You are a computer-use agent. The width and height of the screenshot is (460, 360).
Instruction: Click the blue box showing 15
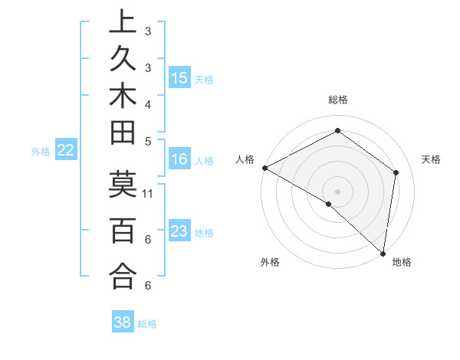click(x=179, y=77)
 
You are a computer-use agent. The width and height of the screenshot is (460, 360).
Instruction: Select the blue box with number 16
click(x=179, y=159)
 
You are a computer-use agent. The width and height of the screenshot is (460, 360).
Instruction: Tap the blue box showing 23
click(x=179, y=231)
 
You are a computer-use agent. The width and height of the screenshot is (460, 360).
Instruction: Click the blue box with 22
click(x=66, y=150)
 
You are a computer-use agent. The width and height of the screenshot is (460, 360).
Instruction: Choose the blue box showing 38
click(x=123, y=322)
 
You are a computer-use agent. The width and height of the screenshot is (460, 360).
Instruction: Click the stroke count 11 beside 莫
click(x=148, y=193)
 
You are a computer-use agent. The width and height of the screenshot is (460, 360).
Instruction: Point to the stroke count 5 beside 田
click(x=148, y=141)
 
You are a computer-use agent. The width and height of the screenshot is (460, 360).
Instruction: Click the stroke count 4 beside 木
click(x=148, y=104)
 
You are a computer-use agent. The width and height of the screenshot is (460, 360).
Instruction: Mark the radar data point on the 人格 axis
click(x=264, y=168)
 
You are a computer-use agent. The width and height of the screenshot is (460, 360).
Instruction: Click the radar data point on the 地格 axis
click(x=383, y=253)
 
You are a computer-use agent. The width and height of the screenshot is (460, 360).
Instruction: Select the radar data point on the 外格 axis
click(x=329, y=205)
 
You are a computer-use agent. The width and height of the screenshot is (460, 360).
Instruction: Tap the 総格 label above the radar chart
click(x=338, y=100)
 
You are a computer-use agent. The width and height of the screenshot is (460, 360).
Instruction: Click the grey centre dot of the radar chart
click(x=338, y=191)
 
